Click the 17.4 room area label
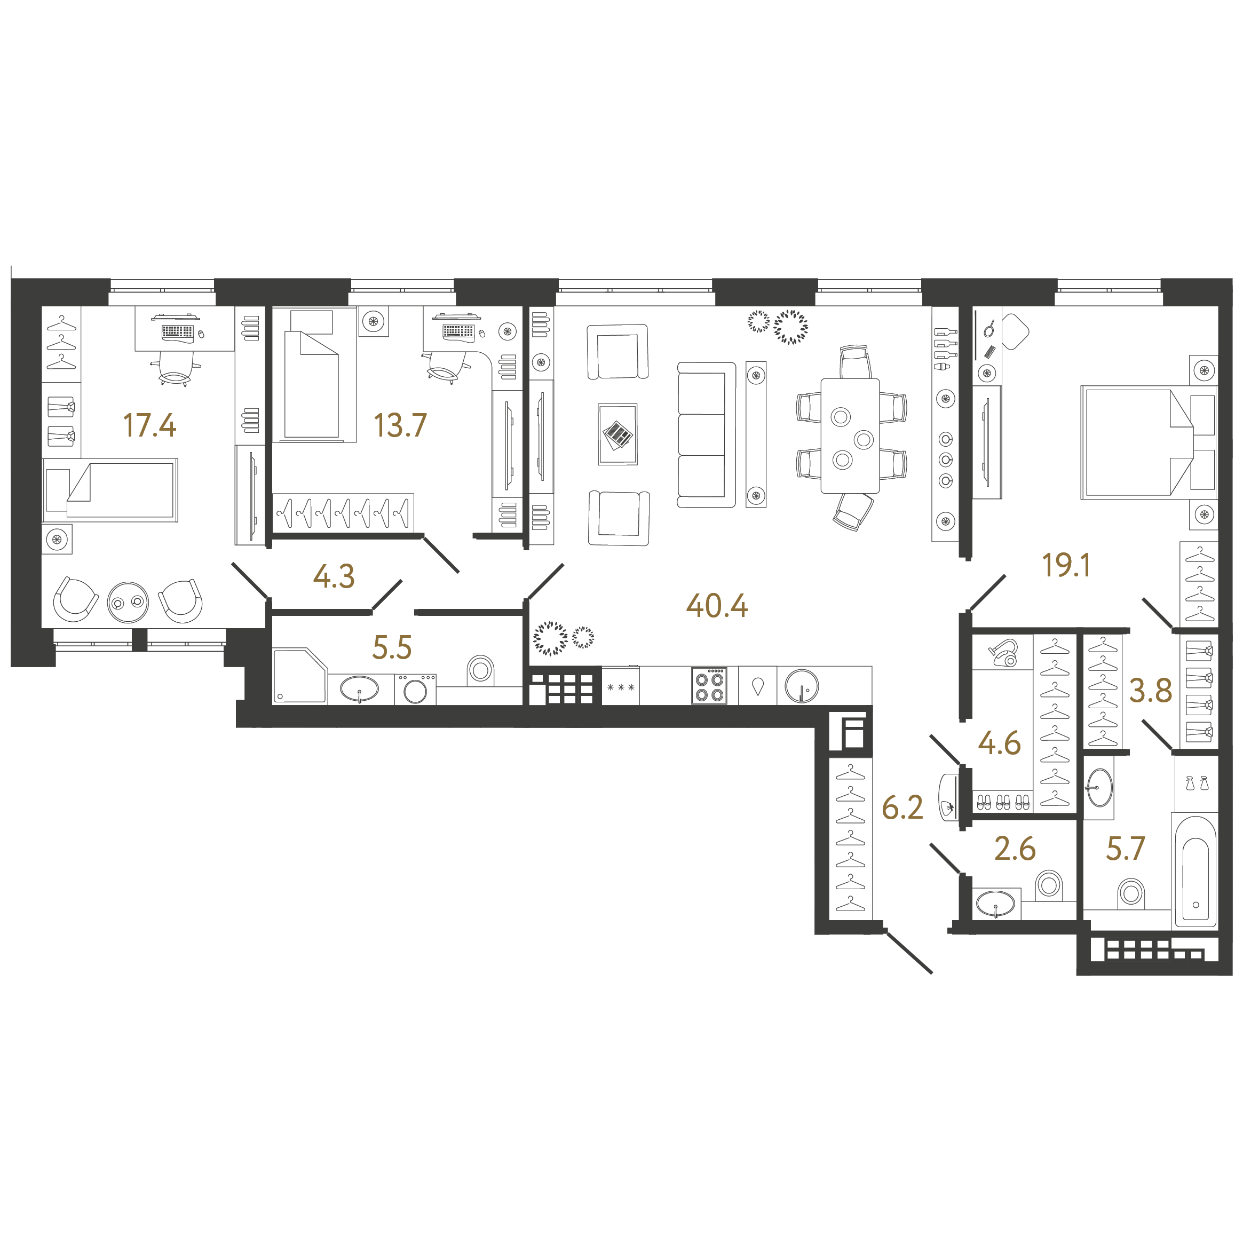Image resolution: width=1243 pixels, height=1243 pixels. click(x=149, y=425)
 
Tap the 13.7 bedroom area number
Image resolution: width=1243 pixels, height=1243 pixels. click(x=400, y=425)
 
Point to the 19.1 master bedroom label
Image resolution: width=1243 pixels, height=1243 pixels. click(x=1066, y=565)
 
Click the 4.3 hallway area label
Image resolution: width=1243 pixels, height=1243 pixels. click(x=333, y=576)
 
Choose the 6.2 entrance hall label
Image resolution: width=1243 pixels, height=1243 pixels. click(x=902, y=807)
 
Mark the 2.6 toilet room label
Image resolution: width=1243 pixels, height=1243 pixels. click(x=1015, y=849)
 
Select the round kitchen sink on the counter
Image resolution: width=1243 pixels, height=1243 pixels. click(x=802, y=686)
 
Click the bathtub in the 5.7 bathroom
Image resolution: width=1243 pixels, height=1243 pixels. click(x=1196, y=872)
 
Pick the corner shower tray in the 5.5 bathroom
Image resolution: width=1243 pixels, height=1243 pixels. click(x=299, y=676)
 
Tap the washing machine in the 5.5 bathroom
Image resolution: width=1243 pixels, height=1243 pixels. click(x=415, y=689)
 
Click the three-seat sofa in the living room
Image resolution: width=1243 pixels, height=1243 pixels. click(x=706, y=435)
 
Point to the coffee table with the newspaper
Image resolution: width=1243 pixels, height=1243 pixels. click(x=617, y=434)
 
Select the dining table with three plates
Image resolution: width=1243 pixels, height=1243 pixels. click(x=850, y=436)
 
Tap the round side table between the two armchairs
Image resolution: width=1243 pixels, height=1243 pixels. click(x=128, y=602)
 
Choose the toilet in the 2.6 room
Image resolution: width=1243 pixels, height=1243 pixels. click(x=1049, y=885)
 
